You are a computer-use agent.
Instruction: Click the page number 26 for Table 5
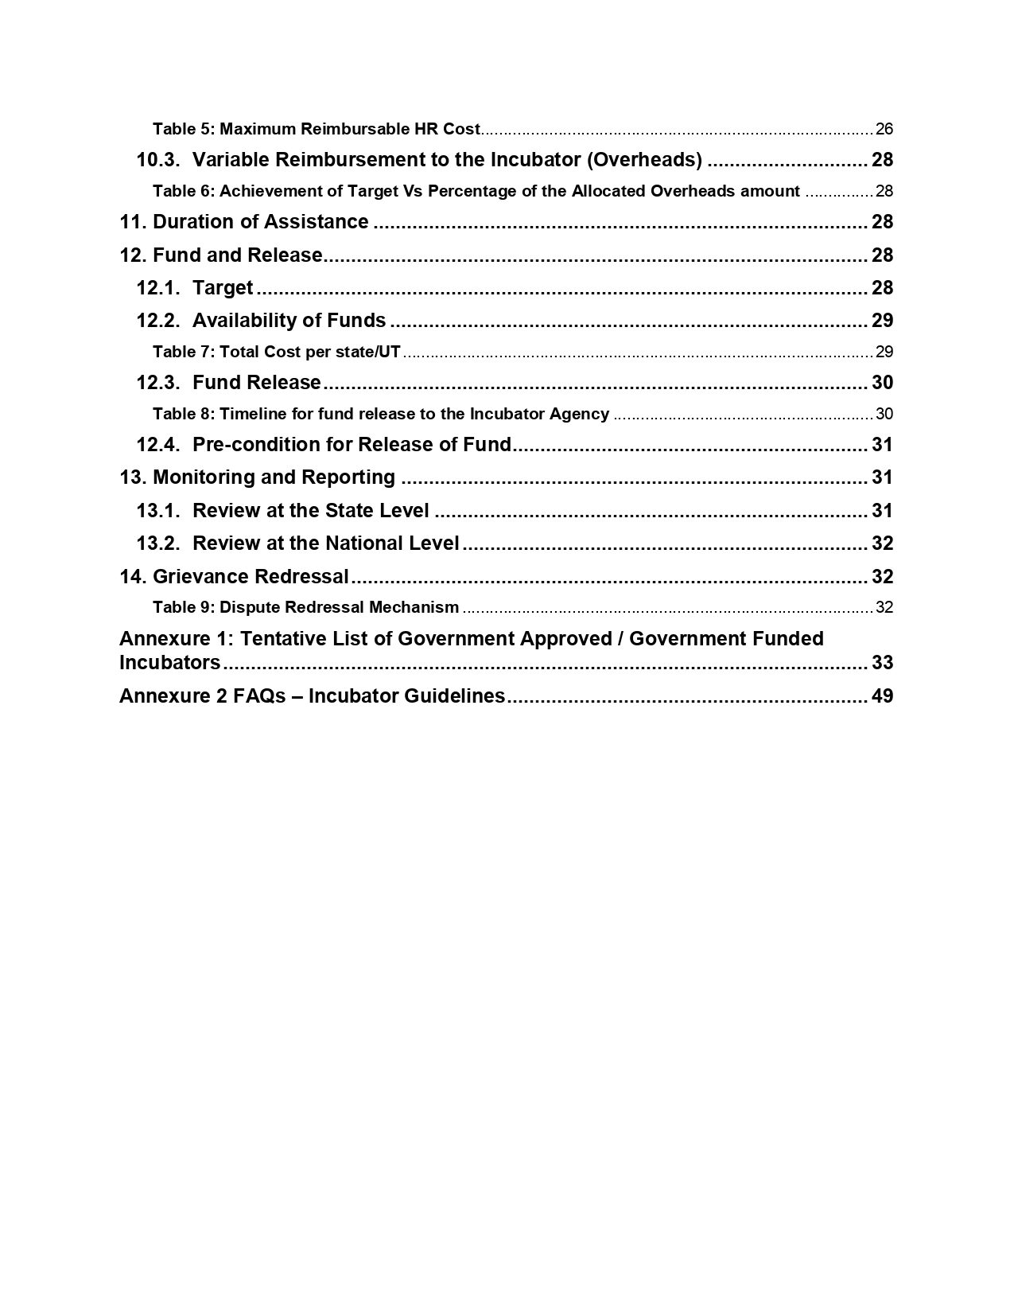tap(884, 129)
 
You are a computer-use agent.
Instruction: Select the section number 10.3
tap(158, 160)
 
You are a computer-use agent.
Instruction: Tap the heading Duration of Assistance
tap(260, 222)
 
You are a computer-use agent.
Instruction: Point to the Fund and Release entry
tap(237, 255)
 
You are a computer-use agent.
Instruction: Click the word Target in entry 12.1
tap(223, 288)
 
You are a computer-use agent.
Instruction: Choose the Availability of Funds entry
tap(289, 321)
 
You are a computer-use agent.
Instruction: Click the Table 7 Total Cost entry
tap(276, 352)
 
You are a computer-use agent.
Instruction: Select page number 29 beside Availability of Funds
tap(882, 321)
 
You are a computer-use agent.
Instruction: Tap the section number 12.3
tap(158, 383)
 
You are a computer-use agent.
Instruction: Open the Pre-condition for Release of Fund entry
tap(352, 445)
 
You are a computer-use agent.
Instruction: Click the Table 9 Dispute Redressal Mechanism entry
tap(305, 608)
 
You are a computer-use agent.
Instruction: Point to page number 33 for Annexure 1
tap(882, 663)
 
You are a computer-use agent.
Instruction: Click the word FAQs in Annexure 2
tap(258, 696)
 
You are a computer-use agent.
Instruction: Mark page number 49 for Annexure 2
tap(882, 696)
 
